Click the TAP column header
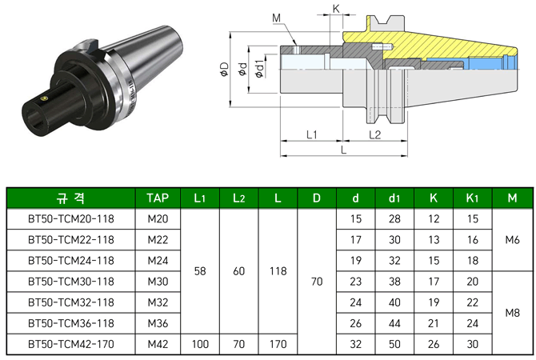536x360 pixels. pos(158,198)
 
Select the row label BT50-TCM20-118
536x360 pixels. pos(71,219)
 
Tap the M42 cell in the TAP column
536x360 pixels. pos(158,344)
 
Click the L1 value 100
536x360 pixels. pos(200,344)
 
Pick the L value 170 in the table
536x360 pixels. pos(278,344)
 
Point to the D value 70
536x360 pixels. pos(317,282)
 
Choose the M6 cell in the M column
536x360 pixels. pos(513,240)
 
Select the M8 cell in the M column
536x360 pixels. pos(513,313)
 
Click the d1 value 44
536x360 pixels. pos(394,323)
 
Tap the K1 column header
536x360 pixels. pos(473,198)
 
